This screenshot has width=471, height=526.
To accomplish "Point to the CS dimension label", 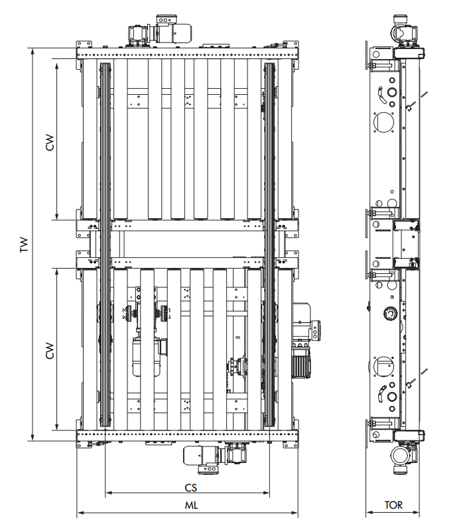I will coord(191,486).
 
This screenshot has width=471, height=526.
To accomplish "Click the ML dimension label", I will coord(191,505).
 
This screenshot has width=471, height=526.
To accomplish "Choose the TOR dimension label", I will coord(393,505).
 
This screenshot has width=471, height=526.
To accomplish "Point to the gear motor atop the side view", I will coord(406,33).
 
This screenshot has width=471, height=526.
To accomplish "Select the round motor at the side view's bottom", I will coord(401,458).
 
